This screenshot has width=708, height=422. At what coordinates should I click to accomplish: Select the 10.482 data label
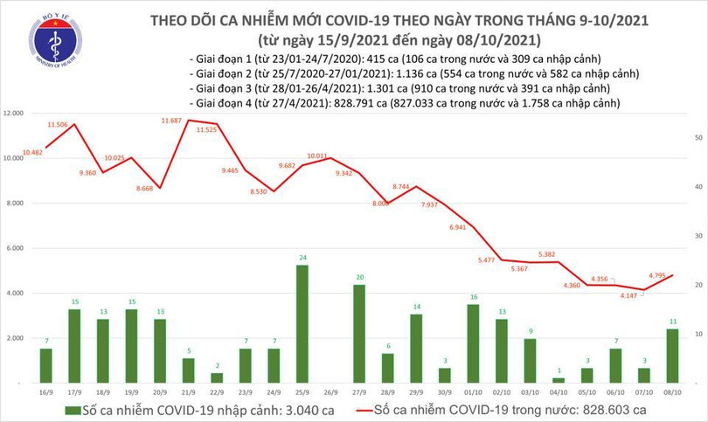point(33,152)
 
